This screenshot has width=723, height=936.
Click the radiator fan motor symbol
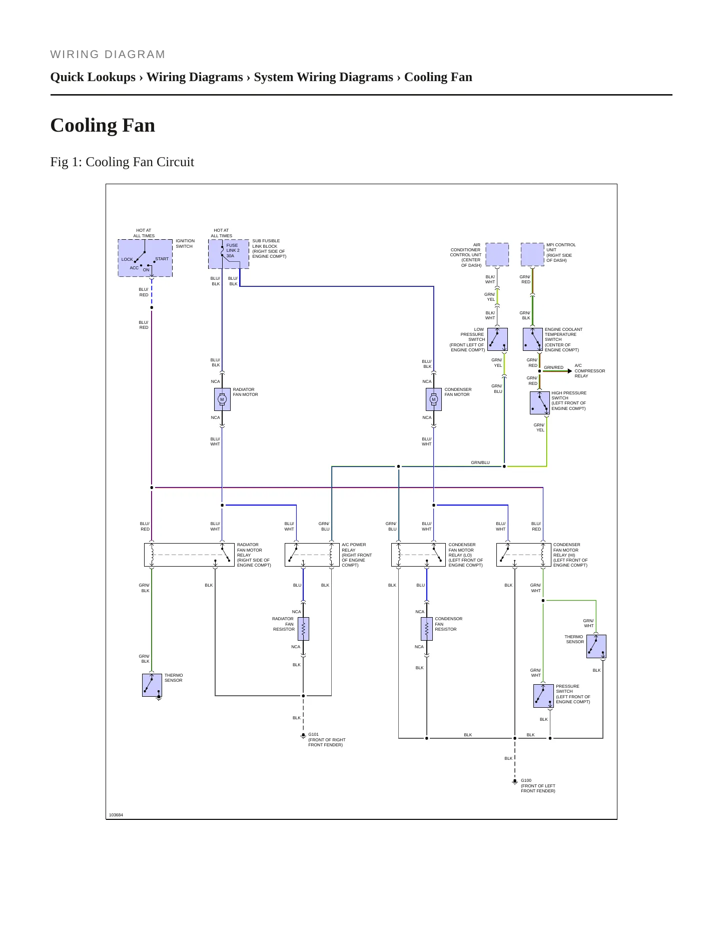click(x=222, y=399)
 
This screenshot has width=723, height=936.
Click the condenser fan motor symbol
click(x=434, y=399)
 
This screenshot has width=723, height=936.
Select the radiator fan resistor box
click(x=303, y=629)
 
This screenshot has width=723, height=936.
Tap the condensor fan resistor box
click(x=427, y=629)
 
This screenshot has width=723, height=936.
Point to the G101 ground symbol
click(x=303, y=736)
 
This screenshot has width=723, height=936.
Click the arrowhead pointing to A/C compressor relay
click(x=569, y=371)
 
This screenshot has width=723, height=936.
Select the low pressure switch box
click(x=497, y=339)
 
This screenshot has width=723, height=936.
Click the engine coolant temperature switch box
click(x=533, y=339)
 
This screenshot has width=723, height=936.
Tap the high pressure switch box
click(x=540, y=403)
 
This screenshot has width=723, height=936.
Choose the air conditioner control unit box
click(x=497, y=254)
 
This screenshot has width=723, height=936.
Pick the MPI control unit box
click(x=532, y=254)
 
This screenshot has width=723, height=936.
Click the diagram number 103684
click(x=116, y=815)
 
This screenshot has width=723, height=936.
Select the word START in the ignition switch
click(x=162, y=259)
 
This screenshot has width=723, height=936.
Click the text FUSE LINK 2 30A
click(x=233, y=251)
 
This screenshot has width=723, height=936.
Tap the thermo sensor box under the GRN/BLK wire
click(x=152, y=685)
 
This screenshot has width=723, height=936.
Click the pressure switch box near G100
click(x=543, y=696)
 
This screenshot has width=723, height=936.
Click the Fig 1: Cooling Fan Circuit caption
click(x=122, y=162)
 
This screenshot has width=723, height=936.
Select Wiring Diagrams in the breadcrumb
click(x=195, y=77)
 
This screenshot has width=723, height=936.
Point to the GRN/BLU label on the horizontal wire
click(x=480, y=462)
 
